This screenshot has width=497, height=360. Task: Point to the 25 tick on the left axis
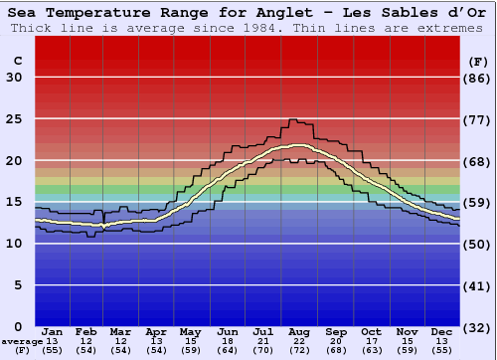click(x=14, y=119)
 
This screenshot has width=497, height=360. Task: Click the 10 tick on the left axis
click(x=14, y=244)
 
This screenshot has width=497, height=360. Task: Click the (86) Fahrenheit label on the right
click(x=478, y=78)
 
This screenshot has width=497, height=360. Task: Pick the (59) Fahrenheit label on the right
click(x=478, y=203)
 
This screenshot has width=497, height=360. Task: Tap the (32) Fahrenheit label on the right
click(x=478, y=327)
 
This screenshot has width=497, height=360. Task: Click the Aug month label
click(x=299, y=332)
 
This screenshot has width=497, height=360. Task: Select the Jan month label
click(x=54, y=332)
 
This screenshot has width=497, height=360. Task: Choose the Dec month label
click(x=442, y=332)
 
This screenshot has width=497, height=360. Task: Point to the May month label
click(x=190, y=332)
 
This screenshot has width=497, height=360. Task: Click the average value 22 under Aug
click(x=299, y=341)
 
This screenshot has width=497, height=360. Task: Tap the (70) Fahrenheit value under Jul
click(x=263, y=350)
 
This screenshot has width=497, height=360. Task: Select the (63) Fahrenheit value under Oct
click(x=371, y=350)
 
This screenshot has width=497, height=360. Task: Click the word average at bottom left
click(x=22, y=341)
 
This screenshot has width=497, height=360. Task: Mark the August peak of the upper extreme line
click(x=292, y=119)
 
